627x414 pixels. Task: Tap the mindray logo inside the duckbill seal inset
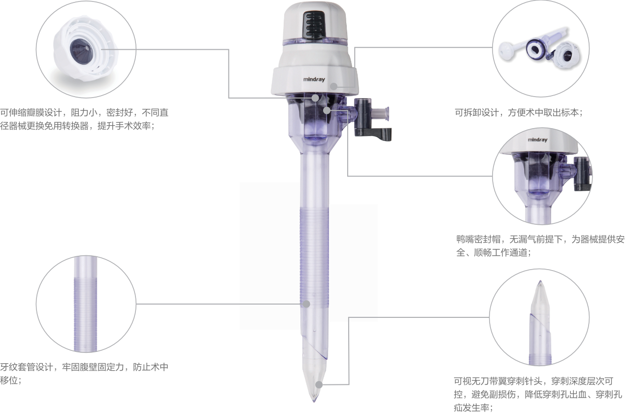point(537,139)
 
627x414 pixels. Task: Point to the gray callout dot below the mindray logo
point(334,87)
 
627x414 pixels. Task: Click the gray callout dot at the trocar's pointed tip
point(319,384)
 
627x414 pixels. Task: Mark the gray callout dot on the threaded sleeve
point(306,304)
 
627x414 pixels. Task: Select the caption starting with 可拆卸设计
point(519,112)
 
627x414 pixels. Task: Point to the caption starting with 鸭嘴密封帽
point(540,245)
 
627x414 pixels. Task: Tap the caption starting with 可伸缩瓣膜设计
point(84,119)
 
